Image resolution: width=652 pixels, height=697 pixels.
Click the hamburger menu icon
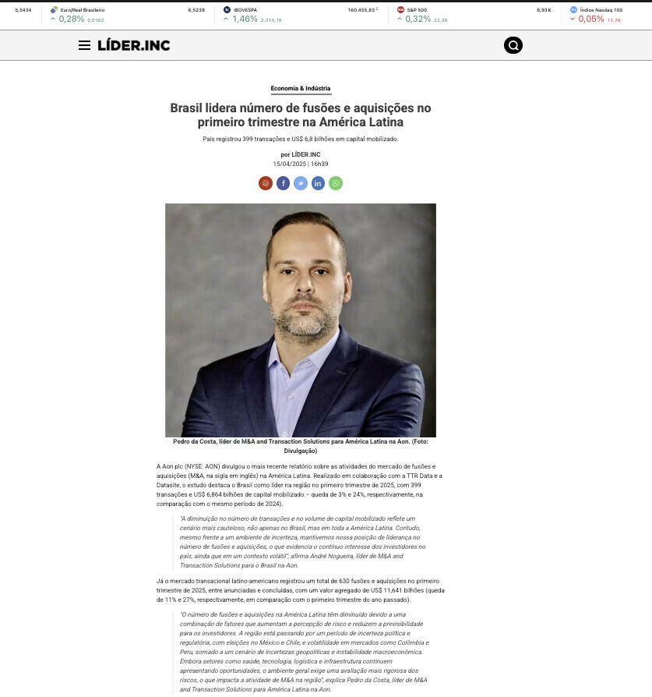(x=84, y=45)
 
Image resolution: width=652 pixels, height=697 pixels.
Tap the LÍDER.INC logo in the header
(x=133, y=45)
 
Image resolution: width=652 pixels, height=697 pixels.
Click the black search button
(x=513, y=45)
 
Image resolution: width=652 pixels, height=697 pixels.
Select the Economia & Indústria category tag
(x=301, y=89)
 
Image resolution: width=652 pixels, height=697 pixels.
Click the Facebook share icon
(x=283, y=183)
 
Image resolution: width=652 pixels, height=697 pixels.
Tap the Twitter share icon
(x=301, y=183)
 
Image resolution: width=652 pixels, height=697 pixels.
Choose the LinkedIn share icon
(x=318, y=183)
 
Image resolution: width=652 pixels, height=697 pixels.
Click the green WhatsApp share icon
(x=336, y=183)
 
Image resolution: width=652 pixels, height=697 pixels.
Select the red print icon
(x=266, y=183)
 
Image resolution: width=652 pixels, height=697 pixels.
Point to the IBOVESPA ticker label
(x=245, y=10)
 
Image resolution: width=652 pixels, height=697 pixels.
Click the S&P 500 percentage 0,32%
(x=418, y=19)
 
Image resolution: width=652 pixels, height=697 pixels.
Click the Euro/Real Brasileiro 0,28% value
(x=71, y=19)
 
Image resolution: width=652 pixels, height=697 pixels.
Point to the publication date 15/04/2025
(x=289, y=164)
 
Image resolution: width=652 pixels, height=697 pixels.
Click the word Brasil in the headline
(x=187, y=108)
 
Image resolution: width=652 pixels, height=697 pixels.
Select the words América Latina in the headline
(x=367, y=122)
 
